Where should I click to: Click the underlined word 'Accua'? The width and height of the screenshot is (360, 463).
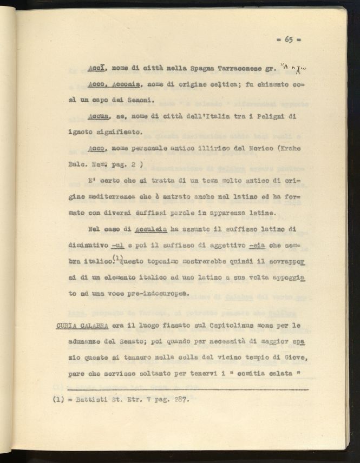click(98, 116)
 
